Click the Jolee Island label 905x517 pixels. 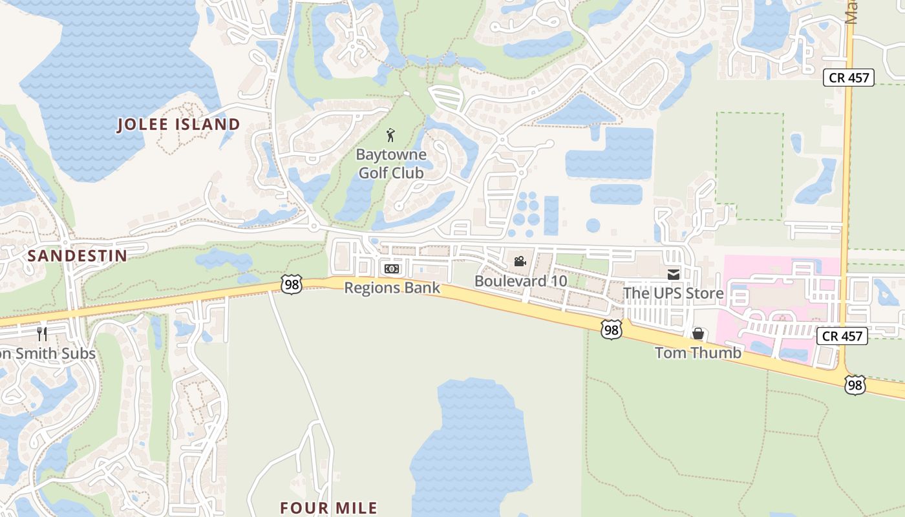178,125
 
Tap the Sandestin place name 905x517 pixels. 78,256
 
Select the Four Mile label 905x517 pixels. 328,507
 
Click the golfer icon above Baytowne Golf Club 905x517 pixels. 390,135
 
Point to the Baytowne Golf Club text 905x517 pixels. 391,164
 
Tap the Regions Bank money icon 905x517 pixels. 392,269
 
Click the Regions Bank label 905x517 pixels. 392,288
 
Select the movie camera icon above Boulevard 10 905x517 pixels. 520,262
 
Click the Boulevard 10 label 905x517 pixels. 520,281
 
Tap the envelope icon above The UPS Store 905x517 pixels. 674,275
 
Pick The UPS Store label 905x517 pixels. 674,294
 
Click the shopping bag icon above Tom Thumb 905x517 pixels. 698,333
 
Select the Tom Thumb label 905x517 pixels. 698,353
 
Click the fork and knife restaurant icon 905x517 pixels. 42,334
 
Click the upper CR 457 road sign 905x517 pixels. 848,78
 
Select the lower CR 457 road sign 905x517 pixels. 842,336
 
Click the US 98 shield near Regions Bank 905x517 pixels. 292,284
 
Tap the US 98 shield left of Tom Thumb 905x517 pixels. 611,330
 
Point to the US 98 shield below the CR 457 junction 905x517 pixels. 855,385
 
